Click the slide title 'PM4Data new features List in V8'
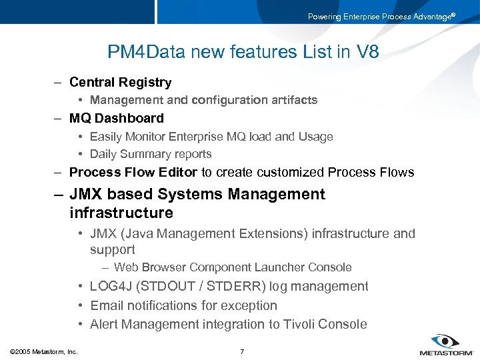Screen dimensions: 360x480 click(x=243, y=52)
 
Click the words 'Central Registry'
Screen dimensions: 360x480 click(x=120, y=83)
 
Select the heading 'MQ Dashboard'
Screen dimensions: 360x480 click(x=116, y=119)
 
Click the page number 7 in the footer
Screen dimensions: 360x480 click(x=242, y=351)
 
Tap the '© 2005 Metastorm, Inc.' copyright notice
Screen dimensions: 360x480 click(x=44, y=351)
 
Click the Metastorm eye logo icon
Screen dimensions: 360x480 click(x=444, y=341)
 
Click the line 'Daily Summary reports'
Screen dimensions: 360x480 click(x=151, y=154)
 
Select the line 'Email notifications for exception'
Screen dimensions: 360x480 click(x=183, y=306)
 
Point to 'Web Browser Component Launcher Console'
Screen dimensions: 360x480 click(x=233, y=267)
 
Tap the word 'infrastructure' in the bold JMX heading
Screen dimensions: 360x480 click(x=121, y=213)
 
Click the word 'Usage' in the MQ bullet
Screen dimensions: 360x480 click(x=315, y=137)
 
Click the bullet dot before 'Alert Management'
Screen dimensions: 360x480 click(x=80, y=325)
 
